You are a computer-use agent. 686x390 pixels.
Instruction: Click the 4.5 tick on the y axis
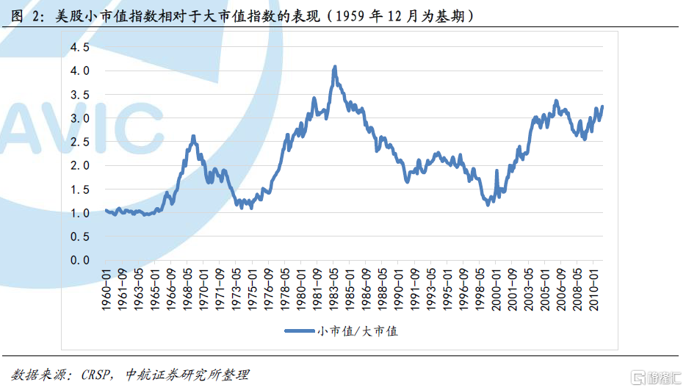[80, 47]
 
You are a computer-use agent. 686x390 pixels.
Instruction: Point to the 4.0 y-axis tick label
[80, 71]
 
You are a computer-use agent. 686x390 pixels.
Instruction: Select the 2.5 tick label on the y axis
[80, 142]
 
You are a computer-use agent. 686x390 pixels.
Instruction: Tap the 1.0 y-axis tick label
[80, 213]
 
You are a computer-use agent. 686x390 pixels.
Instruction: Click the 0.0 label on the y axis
[80, 260]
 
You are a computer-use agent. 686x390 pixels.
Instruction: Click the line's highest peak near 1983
[335, 67]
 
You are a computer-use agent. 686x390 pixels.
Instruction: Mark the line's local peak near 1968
[193, 137]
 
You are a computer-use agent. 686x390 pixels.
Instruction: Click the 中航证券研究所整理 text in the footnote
[187, 375]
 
